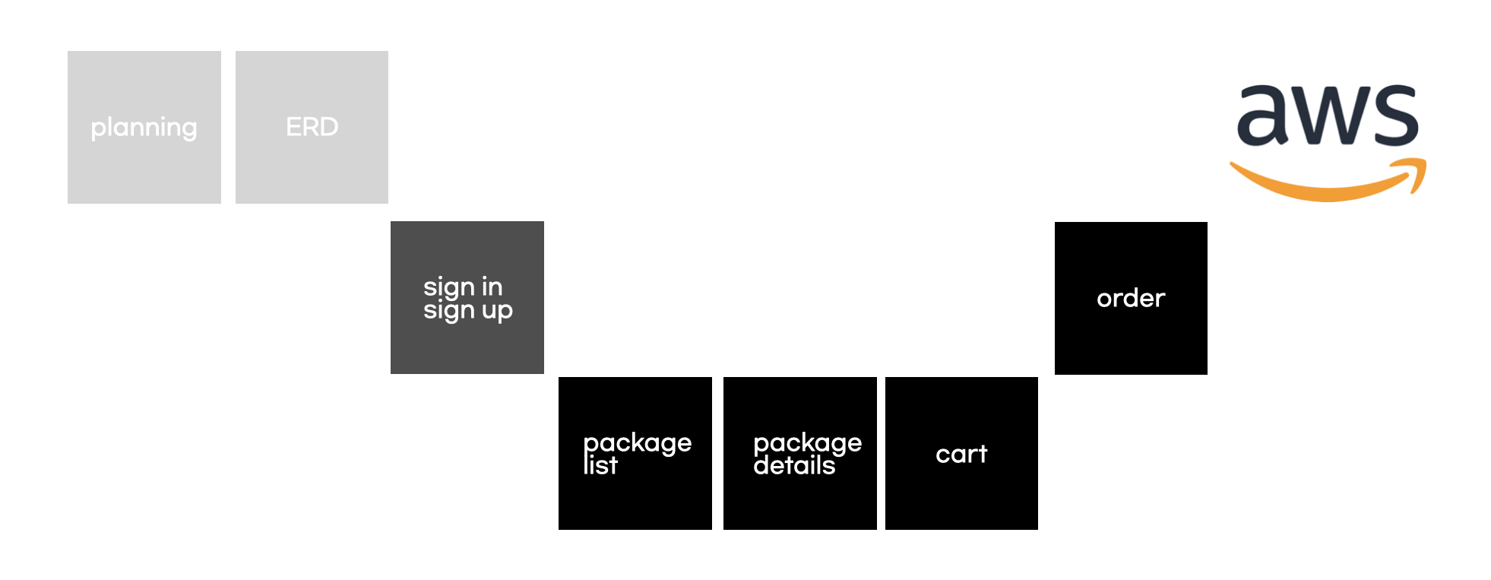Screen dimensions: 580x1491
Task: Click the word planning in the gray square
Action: tap(144, 128)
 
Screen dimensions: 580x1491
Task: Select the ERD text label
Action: tap(312, 127)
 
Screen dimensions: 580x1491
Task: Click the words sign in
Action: tap(463, 287)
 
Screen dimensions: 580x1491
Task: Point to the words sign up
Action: tap(467, 311)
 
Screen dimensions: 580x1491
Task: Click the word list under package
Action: tap(600, 465)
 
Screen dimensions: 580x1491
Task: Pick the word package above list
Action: tap(637, 442)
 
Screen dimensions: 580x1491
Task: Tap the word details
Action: tap(794, 465)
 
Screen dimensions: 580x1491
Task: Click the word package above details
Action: tap(807, 442)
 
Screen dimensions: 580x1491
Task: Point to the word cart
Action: tap(961, 454)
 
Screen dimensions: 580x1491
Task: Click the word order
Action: tap(1131, 298)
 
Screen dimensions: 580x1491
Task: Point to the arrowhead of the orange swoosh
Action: tap(1415, 172)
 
